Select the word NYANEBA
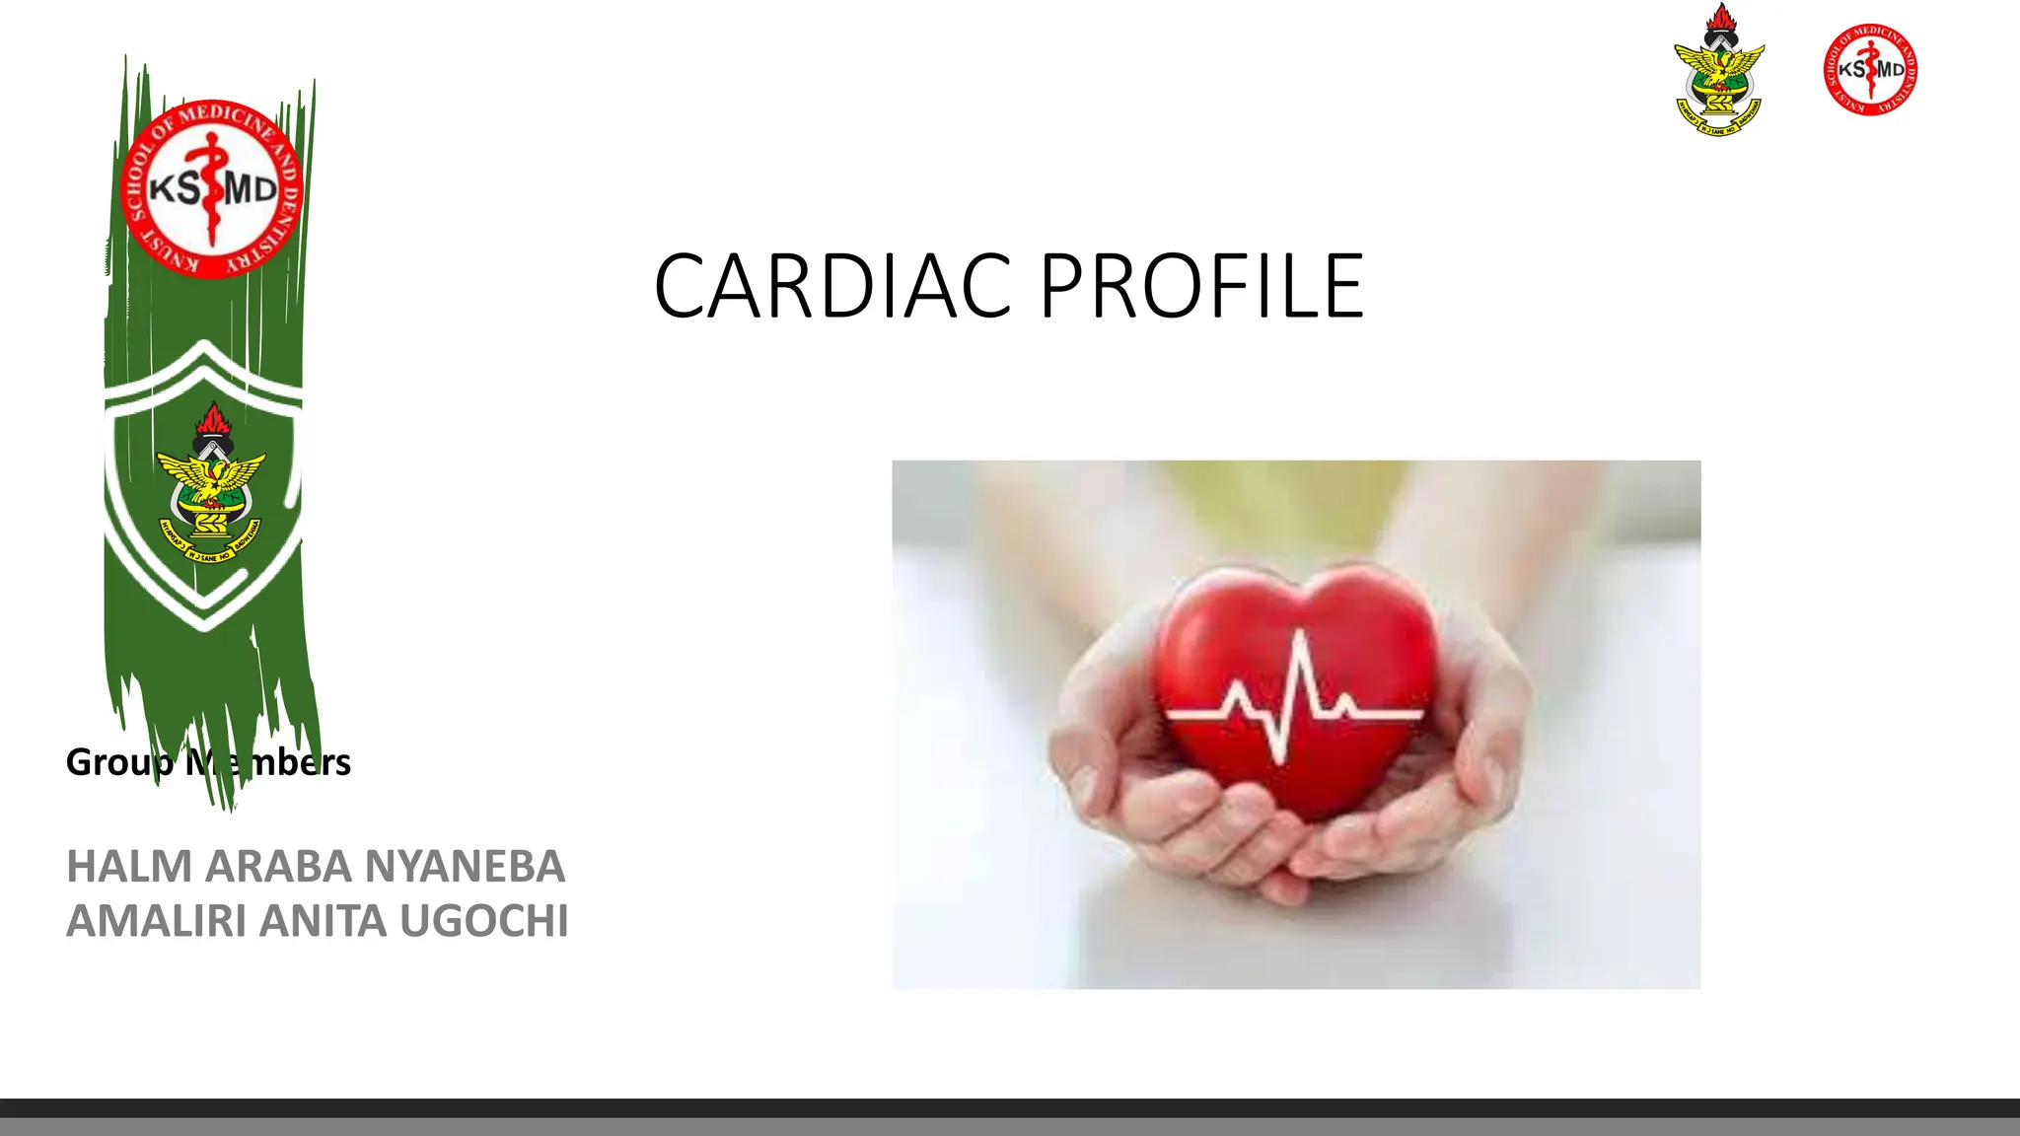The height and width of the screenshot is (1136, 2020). [x=465, y=867]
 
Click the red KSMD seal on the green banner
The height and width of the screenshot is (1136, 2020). [x=211, y=188]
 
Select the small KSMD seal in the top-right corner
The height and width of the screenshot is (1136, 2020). [x=1870, y=69]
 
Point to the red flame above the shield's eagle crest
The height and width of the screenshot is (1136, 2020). [x=211, y=418]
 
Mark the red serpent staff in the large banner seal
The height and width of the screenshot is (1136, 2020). [x=211, y=188]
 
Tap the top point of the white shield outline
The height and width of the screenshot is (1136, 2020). [x=204, y=344]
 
